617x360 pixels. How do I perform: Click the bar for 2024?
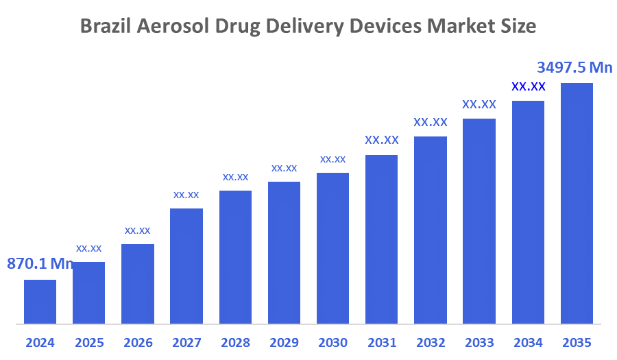[40, 302]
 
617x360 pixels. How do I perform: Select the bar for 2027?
[186, 266]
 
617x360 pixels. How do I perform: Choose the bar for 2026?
[138, 284]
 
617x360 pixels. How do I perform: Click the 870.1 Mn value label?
[40, 263]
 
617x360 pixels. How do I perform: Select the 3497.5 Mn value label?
[574, 67]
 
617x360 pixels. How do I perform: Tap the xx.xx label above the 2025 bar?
[89, 248]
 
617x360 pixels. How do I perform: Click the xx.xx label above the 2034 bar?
[529, 86]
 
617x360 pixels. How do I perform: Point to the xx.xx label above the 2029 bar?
[284, 167]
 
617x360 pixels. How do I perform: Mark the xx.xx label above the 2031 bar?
[382, 140]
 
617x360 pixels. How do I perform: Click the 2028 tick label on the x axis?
[235, 343]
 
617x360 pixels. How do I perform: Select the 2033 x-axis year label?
[479, 343]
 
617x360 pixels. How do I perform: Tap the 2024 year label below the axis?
[40, 343]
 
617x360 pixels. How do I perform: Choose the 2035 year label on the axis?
[577, 343]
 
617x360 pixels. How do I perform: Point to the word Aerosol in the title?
[172, 27]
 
